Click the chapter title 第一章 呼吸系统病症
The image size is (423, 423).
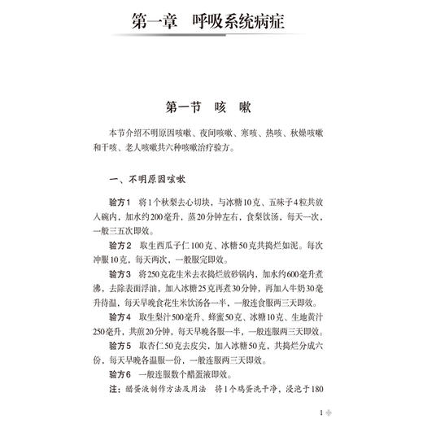click(211, 21)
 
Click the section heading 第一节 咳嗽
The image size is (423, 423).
click(211, 107)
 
